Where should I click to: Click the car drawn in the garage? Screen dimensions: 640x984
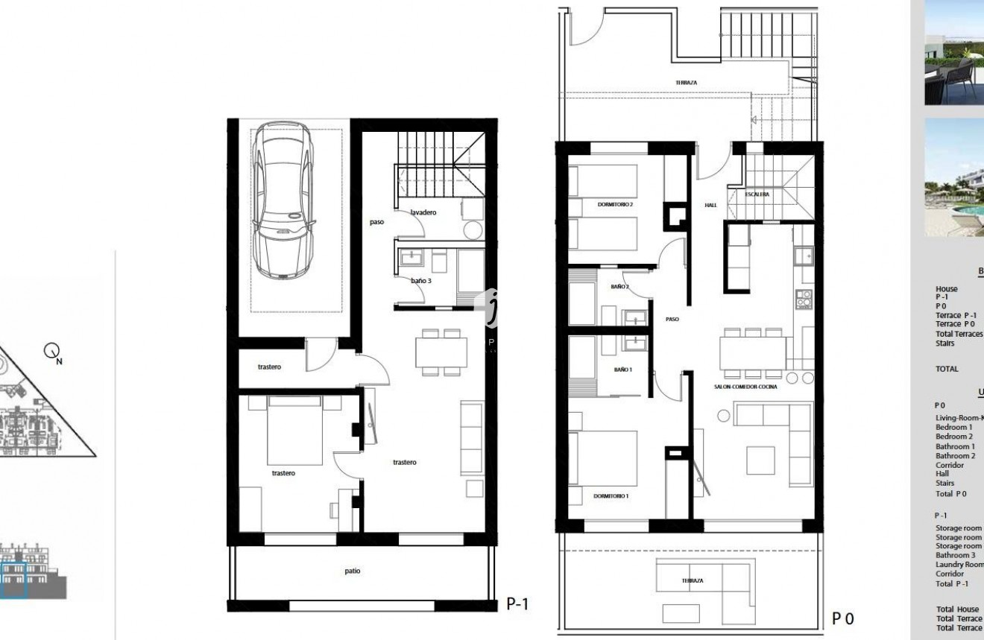point(283,201)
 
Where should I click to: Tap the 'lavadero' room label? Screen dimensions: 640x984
point(423,212)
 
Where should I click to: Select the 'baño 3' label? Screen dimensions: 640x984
point(420,281)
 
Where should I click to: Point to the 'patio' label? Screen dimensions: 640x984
point(353,571)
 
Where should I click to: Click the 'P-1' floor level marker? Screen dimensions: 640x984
point(517,603)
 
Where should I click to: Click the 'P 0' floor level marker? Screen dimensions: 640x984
point(842,618)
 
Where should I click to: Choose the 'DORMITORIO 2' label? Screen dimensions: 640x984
point(615,204)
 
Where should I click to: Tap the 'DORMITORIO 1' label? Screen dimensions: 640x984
point(611,495)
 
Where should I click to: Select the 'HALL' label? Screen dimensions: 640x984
point(710,205)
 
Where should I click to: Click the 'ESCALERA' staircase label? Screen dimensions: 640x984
point(757,194)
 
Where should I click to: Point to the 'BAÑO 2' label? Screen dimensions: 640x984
point(620,287)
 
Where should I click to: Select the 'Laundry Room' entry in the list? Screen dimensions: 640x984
point(959,565)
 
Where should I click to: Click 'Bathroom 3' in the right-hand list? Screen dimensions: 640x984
point(955,555)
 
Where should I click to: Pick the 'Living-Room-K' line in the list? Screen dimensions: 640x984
point(959,418)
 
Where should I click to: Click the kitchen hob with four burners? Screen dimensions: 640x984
point(804,299)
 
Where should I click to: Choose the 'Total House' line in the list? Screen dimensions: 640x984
point(958,609)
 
